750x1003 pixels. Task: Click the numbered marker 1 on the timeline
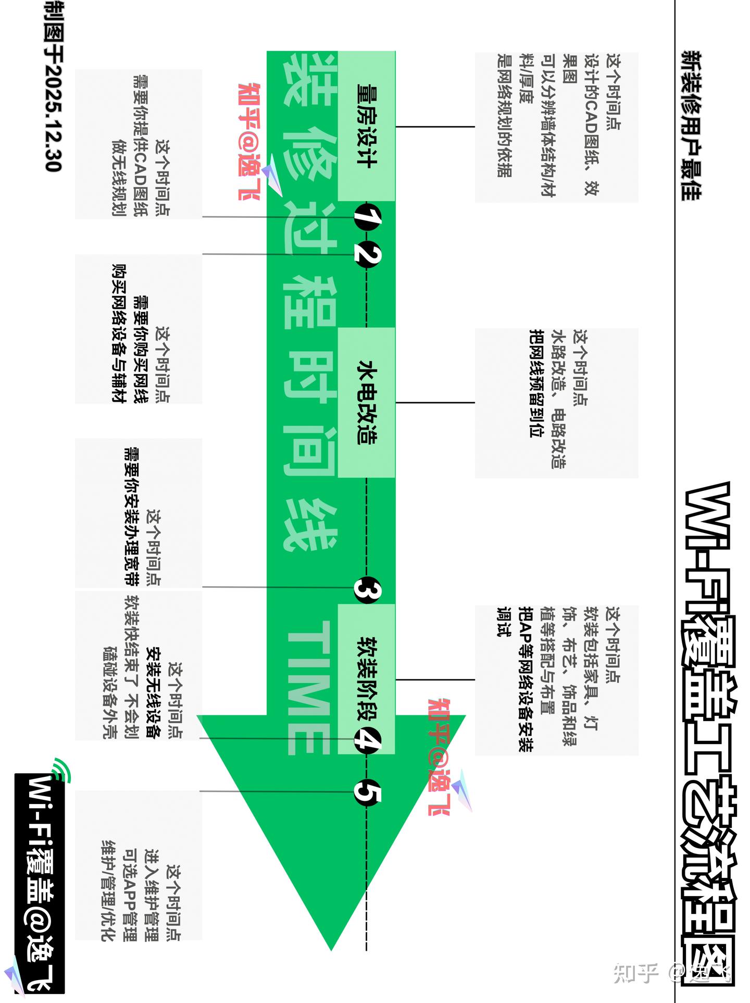367,217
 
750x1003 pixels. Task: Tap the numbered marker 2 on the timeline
367,255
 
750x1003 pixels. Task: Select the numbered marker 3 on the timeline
367,590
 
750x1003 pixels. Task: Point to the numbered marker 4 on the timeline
367,739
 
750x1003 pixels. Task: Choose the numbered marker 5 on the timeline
367,793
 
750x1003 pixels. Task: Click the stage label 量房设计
367,126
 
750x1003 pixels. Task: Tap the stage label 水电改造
367,402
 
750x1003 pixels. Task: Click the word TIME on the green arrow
309,688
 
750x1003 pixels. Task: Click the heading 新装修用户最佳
691,126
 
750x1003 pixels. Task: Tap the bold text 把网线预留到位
536,383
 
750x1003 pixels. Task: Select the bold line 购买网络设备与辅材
119,333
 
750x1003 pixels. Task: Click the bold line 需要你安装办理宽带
131,516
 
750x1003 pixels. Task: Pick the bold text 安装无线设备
153,693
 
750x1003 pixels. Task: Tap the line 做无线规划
119,178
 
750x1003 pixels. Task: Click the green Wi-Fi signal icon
61,770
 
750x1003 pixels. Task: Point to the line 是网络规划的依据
504,116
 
